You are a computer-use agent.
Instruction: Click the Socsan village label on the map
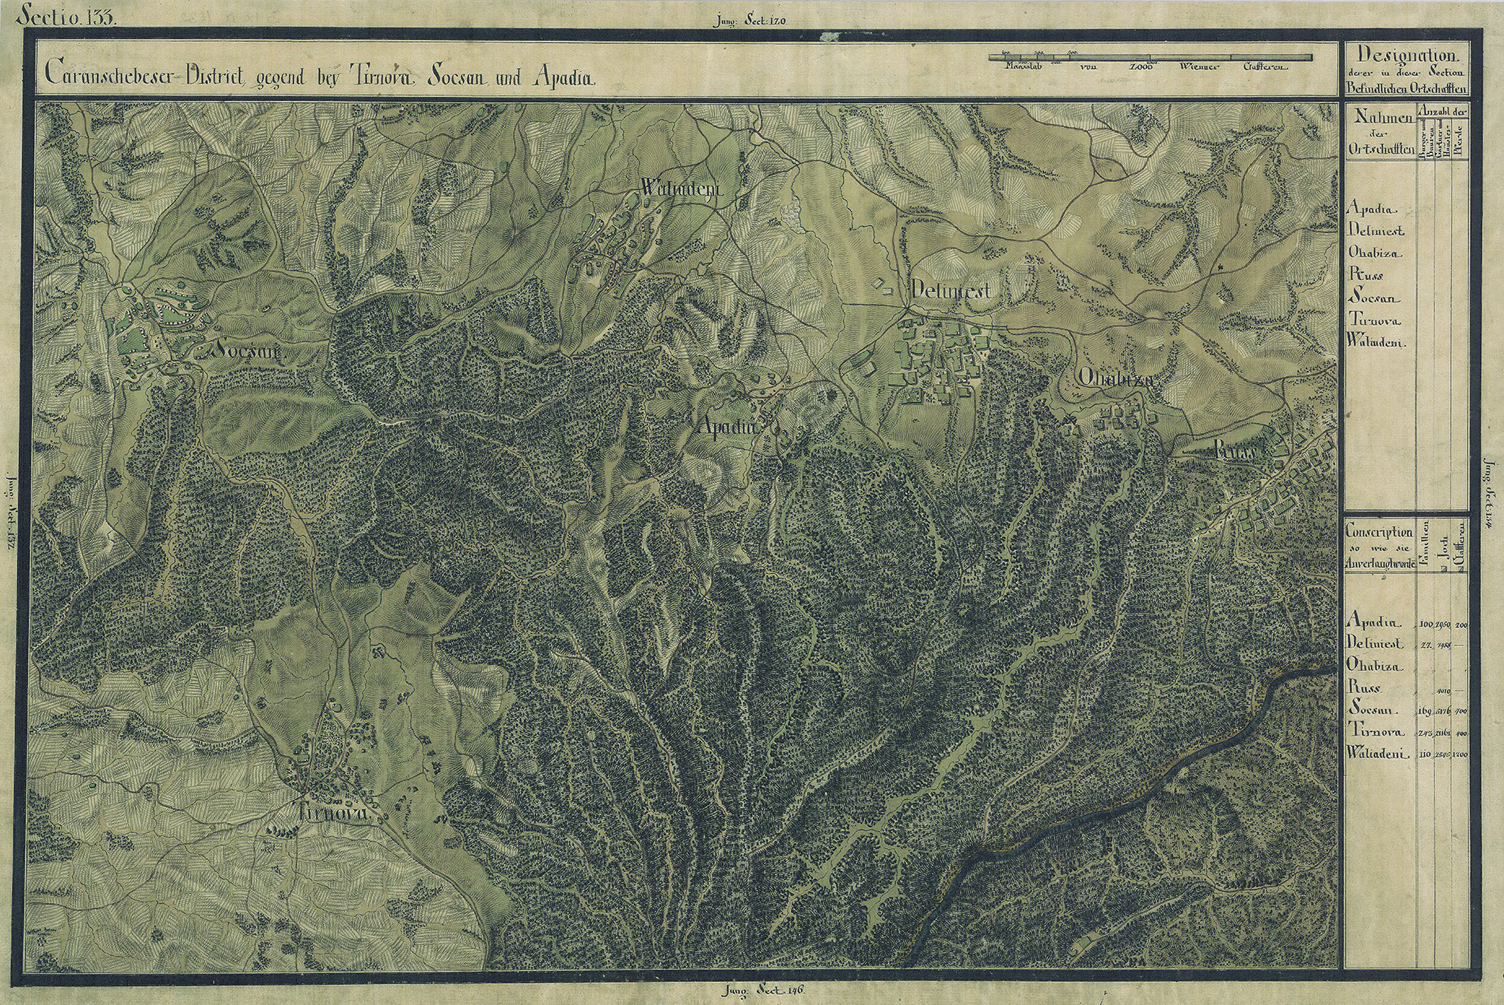(245, 351)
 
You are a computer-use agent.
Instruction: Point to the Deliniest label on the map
(950, 291)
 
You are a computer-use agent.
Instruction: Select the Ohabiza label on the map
(1115, 379)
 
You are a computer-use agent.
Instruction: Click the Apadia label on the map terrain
(727, 426)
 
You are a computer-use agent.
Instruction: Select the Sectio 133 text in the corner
(70, 15)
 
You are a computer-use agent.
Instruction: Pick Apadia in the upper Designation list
(1372, 210)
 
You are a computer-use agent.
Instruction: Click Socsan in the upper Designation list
(1373, 299)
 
